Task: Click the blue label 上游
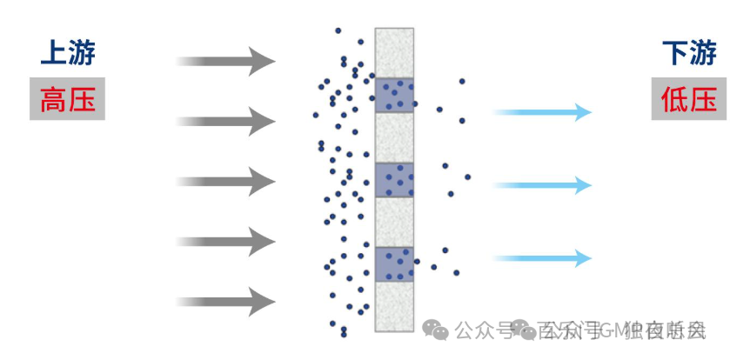tap(67, 54)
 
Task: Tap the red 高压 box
tap(67, 100)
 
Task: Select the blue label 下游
tap(689, 54)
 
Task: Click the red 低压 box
tap(689, 100)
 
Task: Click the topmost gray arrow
tap(225, 61)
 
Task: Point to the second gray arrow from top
tap(225, 121)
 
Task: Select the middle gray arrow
tap(225, 181)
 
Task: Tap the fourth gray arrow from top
tap(225, 241)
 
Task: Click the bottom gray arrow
tap(225, 301)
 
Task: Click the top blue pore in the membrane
tap(394, 95)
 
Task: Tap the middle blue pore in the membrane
tap(394, 180)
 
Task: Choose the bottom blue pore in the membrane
tap(394, 263)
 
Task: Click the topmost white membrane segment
tap(394, 52)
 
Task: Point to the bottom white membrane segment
tap(394, 305)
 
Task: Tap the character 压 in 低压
tap(703, 100)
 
